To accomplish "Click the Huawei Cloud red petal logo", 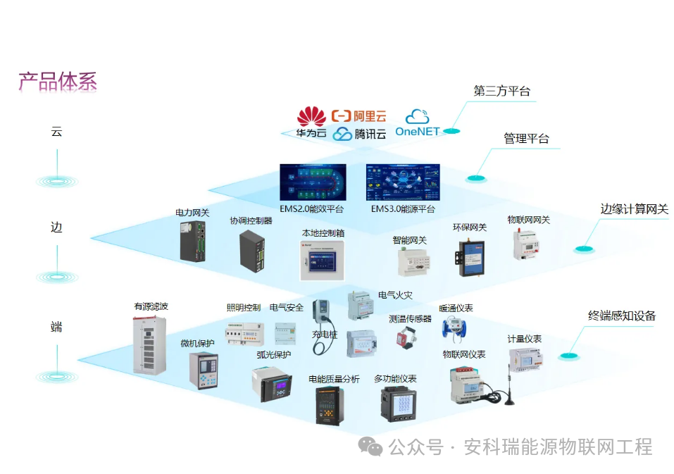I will click(x=311, y=117).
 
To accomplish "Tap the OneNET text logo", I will click(x=417, y=131).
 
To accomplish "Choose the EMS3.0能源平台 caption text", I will click(x=403, y=209).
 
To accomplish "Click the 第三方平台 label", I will click(x=501, y=91).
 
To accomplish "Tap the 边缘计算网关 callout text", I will click(x=634, y=208).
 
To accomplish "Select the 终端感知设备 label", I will click(x=622, y=316).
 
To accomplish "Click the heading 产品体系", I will click(x=57, y=82).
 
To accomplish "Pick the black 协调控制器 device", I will click(x=252, y=249).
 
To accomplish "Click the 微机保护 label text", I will click(x=197, y=343).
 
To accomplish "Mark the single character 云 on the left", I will click(x=56, y=132).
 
